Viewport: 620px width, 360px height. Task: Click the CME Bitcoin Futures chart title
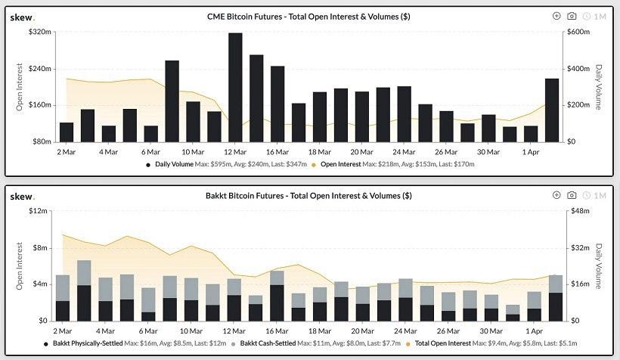(309, 16)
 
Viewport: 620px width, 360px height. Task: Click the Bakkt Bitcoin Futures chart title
(309, 195)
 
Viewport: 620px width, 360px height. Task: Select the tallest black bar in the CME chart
(235, 87)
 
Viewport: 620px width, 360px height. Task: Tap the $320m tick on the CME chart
(39, 32)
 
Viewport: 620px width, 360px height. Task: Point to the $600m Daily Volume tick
(580, 32)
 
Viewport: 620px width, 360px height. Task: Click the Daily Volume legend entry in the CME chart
(227, 163)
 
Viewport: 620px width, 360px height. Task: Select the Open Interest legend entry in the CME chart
(393, 163)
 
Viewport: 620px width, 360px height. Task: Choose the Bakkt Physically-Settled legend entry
(129, 343)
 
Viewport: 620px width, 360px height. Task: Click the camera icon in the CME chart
(572, 16)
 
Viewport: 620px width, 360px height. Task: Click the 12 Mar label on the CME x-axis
(235, 151)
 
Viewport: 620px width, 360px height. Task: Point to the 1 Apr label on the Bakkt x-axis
(534, 331)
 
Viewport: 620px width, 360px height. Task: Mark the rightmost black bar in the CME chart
(552, 110)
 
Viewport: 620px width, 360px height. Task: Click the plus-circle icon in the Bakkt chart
(556, 195)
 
